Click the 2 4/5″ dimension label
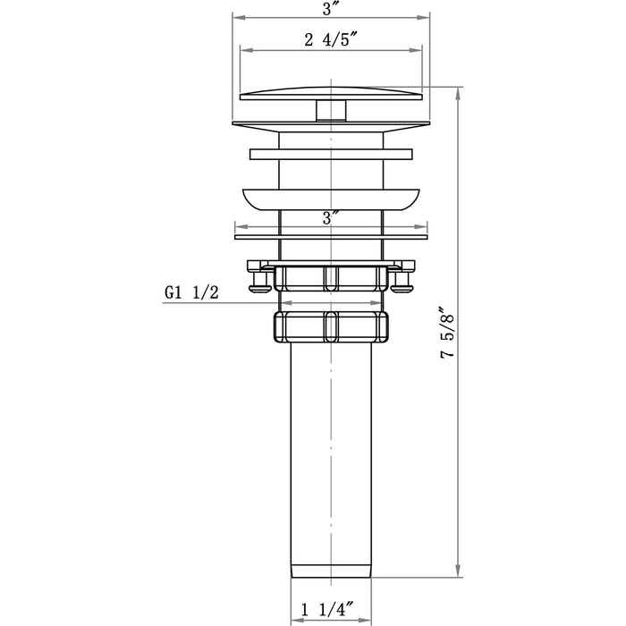(331, 40)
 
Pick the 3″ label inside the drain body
(331, 217)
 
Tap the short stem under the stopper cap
(331, 111)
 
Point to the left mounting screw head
(259, 283)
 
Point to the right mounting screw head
(403, 283)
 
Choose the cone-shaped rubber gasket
(331, 197)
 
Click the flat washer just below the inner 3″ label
(331, 237)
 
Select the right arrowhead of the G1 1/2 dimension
(382, 303)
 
